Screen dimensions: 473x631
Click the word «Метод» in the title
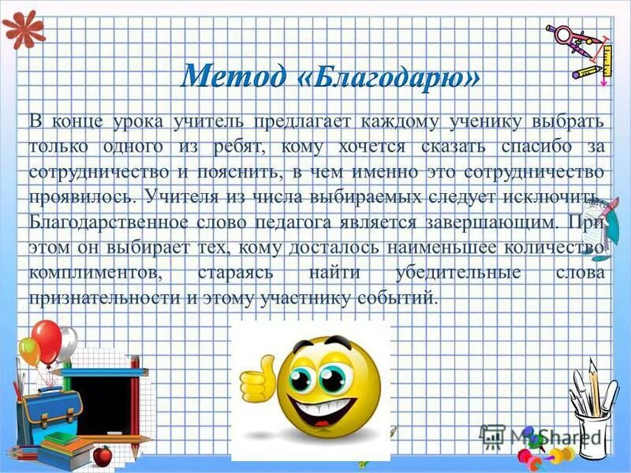[x=233, y=76]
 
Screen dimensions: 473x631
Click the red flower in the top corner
[x=22, y=29]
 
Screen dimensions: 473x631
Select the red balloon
[x=47, y=341]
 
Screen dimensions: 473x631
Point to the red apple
[x=102, y=456]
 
